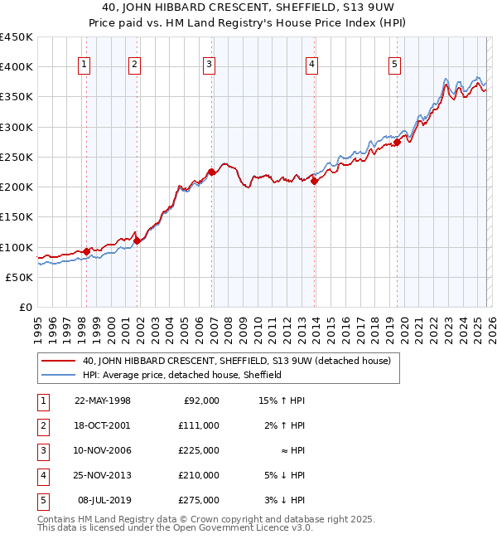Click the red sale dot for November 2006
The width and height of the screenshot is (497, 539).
click(211, 172)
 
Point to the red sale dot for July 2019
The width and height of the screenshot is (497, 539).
click(397, 142)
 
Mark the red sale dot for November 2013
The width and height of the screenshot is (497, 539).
click(315, 182)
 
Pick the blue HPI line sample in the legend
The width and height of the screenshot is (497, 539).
click(59, 375)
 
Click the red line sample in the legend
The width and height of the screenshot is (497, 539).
click(59, 361)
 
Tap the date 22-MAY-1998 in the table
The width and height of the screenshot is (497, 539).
click(103, 401)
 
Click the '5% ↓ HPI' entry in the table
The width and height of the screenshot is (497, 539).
click(286, 475)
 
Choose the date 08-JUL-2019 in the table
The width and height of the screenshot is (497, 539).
click(104, 500)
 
